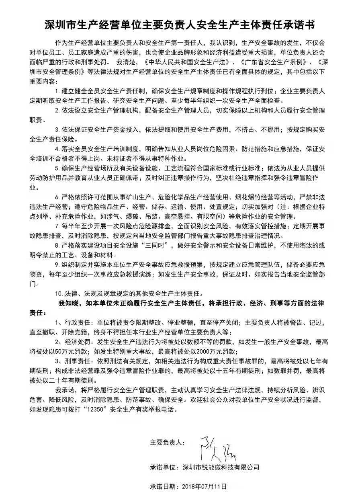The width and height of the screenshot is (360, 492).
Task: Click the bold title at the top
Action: (x=180, y=25)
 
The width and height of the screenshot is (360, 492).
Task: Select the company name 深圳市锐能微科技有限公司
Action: (x=221, y=467)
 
